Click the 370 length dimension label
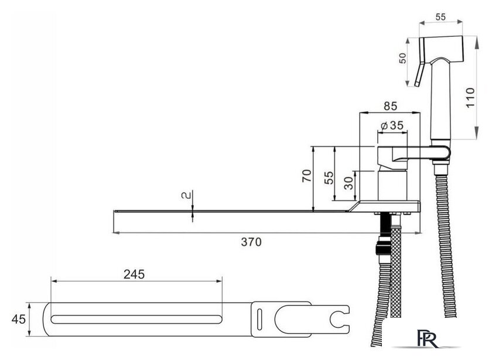tap(251, 242)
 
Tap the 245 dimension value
tap(134, 275)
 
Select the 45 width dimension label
tap(19, 319)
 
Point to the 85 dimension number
tap(390, 107)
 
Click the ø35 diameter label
tap(392, 125)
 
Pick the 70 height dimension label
tap(307, 176)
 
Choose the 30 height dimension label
tap(348, 183)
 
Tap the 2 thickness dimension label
tap(186, 196)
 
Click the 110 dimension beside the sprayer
tap(470, 98)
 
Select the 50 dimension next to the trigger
tap(402, 58)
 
